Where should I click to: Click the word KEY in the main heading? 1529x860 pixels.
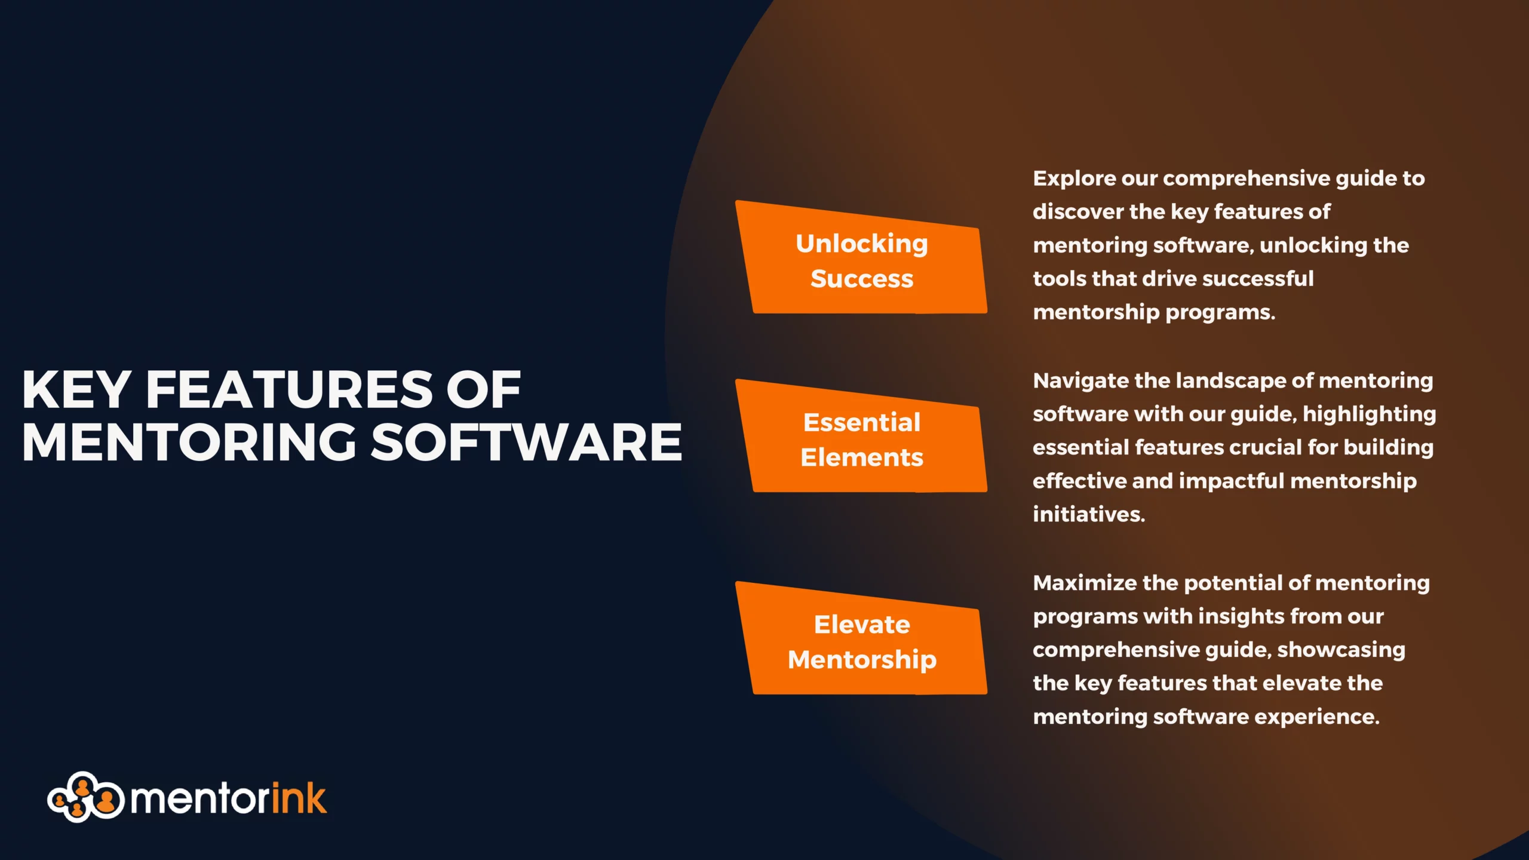point(76,389)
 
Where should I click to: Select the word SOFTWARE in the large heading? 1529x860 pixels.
point(526,442)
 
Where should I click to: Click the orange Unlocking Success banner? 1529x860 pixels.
point(861,257)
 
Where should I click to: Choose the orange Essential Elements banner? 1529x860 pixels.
point(861,437)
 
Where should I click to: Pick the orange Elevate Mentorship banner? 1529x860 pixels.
point(861,638)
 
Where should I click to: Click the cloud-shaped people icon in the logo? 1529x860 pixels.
point(85,797)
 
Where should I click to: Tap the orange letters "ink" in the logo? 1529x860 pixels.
point(299,797)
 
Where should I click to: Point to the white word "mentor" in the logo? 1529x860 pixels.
point(199,799)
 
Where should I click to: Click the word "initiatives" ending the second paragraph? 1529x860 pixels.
point(1089,514)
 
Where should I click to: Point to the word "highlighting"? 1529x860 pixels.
point(1369,414)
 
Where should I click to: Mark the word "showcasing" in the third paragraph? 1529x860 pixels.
point(1341,650)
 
